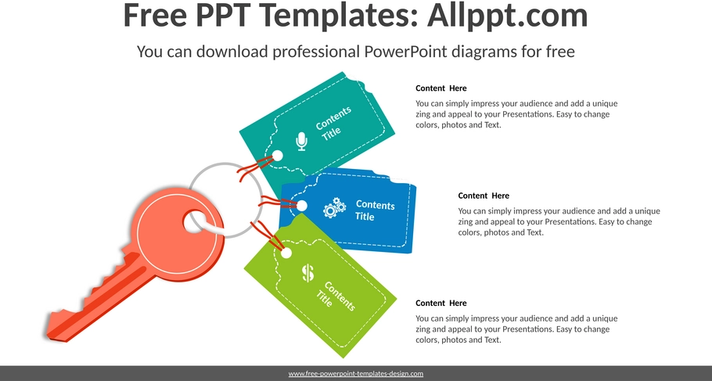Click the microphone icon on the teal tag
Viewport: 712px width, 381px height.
[x=301, y=142]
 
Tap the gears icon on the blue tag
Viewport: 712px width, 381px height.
[x=334, y=207]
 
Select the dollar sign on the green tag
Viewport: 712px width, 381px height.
[x=307, y=273]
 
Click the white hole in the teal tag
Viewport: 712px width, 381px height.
[x=277, y=156]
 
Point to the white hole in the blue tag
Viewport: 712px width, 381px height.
[x=301, y=206]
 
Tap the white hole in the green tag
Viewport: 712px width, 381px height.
[x=286, y=253]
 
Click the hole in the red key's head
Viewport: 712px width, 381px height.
[x=196, y=222]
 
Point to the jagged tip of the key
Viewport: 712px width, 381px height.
[x=49, y=326]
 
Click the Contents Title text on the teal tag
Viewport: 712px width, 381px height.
[x=333, y=124]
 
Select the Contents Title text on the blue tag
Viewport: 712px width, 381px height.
[x=375, y=210]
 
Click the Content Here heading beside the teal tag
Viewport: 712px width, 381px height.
[x=441, y=88]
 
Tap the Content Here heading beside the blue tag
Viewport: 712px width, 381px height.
[x=484, y=196]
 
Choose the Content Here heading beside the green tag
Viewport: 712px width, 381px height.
[x=441, y=303]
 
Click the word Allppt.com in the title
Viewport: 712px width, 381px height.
[x=507, y=15]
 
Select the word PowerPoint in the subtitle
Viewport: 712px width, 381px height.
[x=406, y=52]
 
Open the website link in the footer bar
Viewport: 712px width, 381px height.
[x=355, y=374]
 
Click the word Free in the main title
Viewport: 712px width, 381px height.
[x=155, y=15]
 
